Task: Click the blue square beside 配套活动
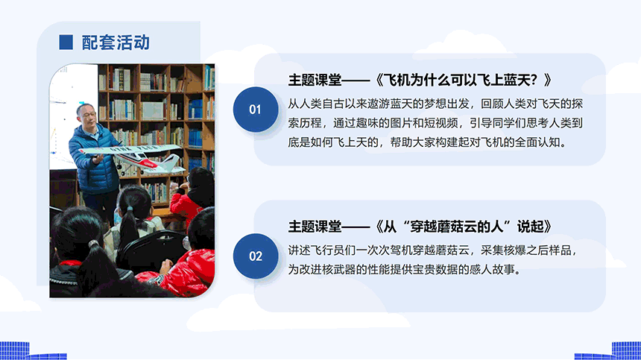[x=66, y=42]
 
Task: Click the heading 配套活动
[x=116, y=42]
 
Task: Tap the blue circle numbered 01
[x=256, y=109]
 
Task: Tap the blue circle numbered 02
[x=256, y=256]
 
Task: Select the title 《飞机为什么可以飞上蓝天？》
[x=463, y=80]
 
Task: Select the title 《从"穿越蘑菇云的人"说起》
[x=463, y=227]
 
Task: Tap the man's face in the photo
[x=87, y=116]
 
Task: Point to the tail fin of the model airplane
[x=172, y=161]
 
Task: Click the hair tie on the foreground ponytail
[x=94, y=244]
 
